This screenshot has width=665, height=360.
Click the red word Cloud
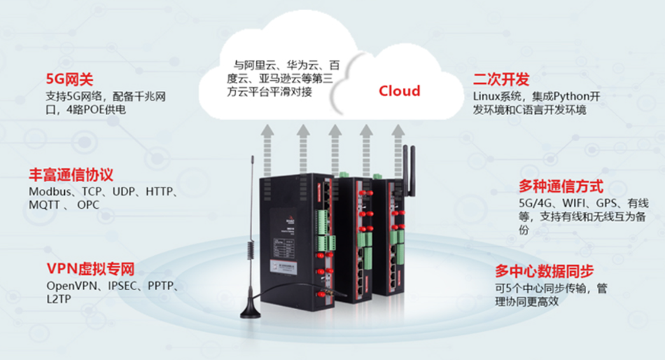[400, 91]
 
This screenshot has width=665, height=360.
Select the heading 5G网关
[69, 80]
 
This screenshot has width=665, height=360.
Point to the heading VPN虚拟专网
[90, 268]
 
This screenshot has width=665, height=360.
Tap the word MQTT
[44, 205]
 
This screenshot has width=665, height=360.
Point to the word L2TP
[59, 298]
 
